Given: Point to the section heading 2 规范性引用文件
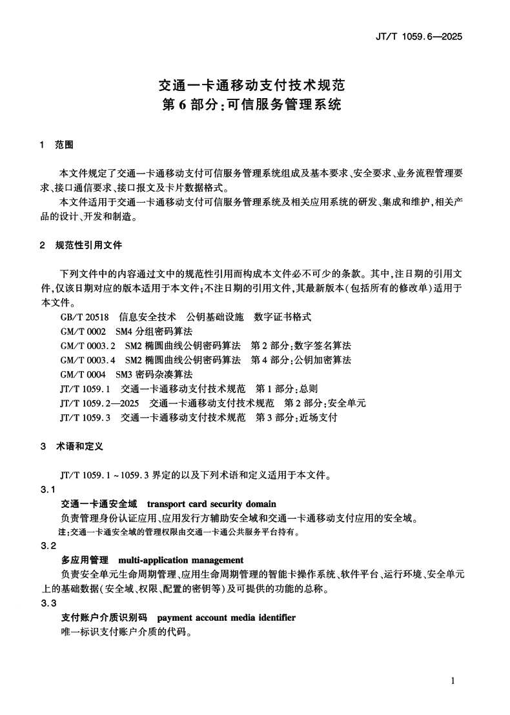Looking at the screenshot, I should pyautogui.click(x=80, y=246).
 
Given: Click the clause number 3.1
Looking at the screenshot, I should pyautogui.click(x=48, y=489).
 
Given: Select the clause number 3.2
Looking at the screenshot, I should pyautogui.click(x=48, y=546).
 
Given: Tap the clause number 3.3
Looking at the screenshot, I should pyautogui.click(x=48, y=603).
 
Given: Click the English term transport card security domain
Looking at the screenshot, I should pyautogui.click(x=212, y=504).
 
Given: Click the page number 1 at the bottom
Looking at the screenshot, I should pyautogui.click(x=454, y=681).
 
